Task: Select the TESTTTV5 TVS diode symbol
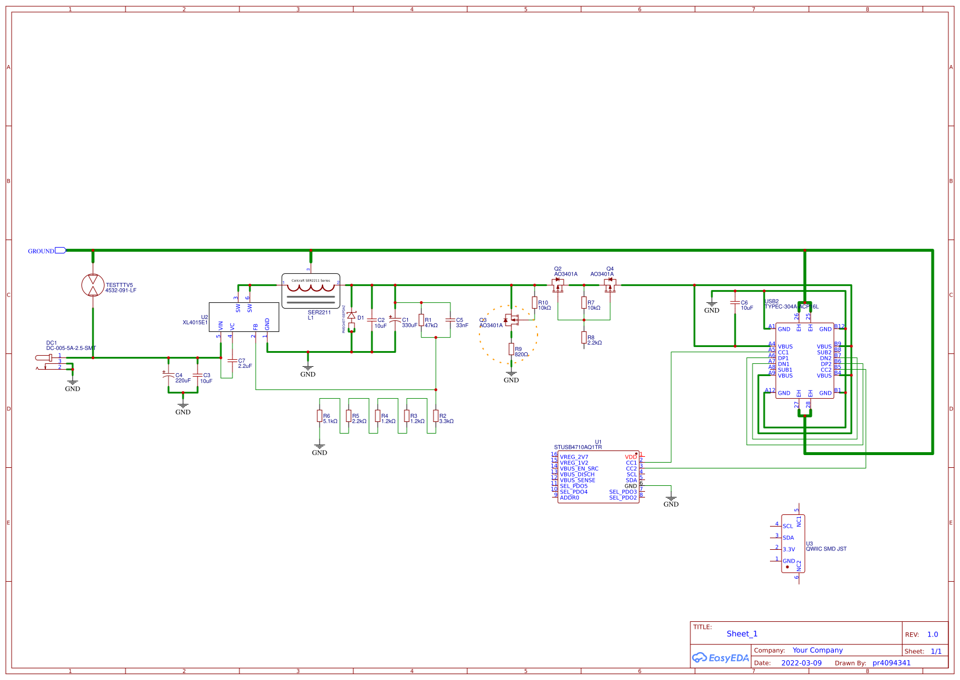93,285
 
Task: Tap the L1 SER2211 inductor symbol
311,291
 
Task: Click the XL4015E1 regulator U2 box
243,317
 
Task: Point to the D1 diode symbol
352,316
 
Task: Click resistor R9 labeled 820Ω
511,349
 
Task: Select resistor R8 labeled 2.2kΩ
584,338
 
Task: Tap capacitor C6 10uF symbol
735,303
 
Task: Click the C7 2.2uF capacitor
232,361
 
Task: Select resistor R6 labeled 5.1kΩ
320,416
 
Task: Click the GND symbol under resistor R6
320,448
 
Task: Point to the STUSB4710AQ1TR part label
578,448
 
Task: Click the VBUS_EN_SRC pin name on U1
579,468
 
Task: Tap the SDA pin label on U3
788,538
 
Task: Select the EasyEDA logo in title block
721,658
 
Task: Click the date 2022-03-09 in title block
801,663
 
